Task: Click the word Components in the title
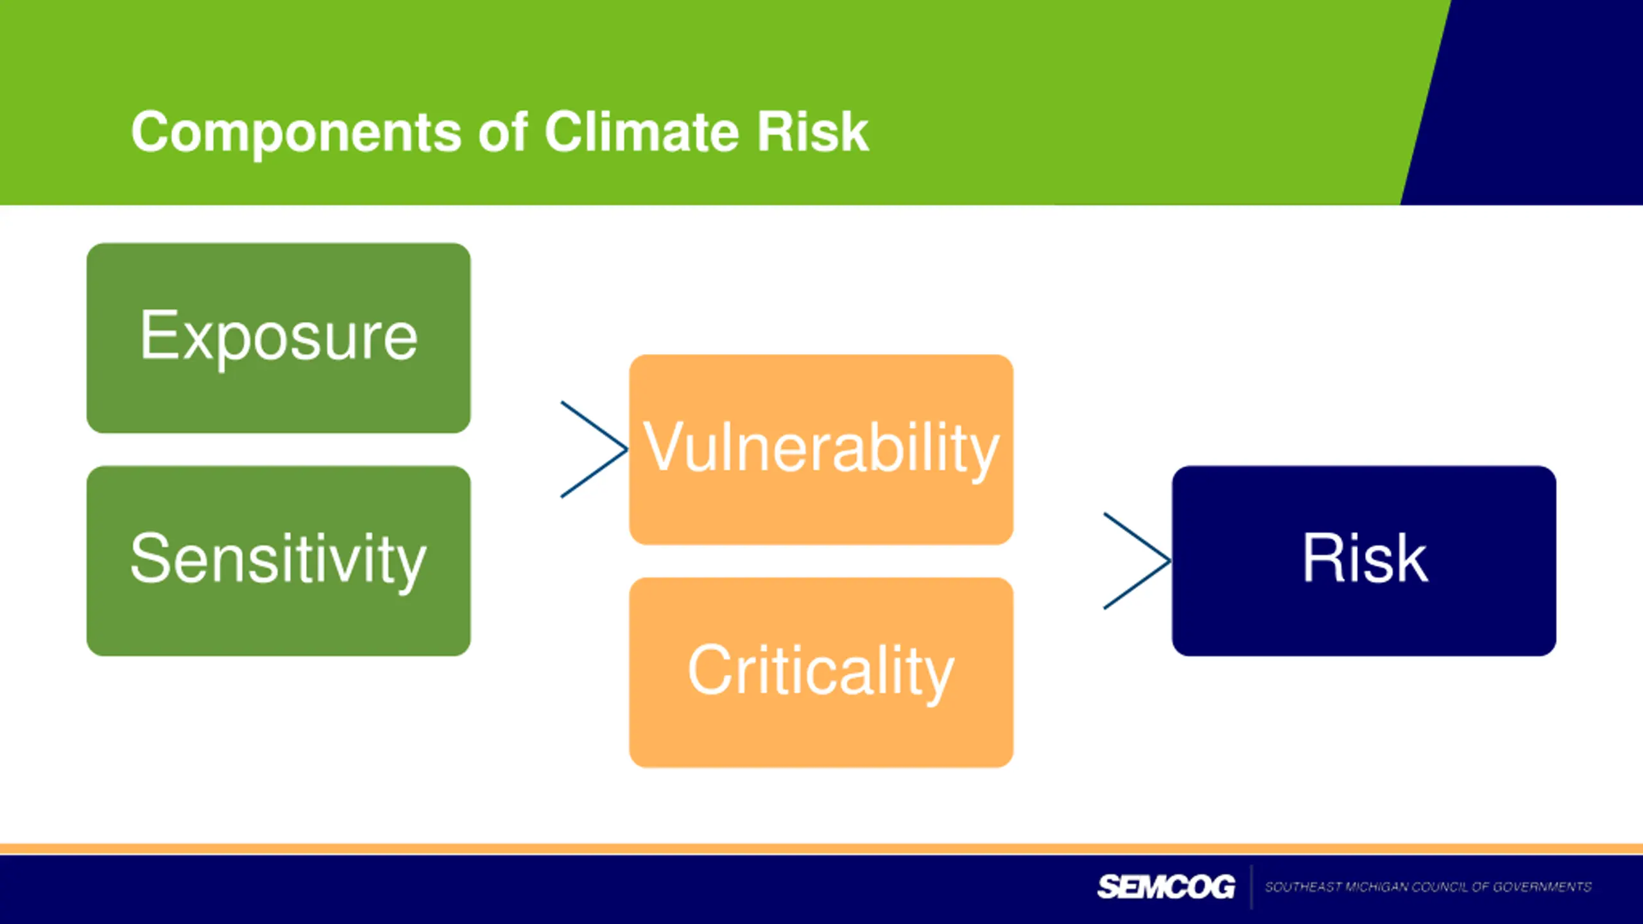click(x=297, y=133)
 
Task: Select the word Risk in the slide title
click(x=813, y=132)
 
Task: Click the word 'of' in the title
click(x=503, y=132)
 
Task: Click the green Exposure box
click(x=279, y=338)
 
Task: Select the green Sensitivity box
click(x=279, y=561)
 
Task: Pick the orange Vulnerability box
click(x=821, y=449)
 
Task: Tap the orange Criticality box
click(x=821, y=672)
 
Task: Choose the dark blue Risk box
click(x=1364, y=561)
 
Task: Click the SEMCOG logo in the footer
click(x=1166, y=887)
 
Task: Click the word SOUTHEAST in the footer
click(x=1303, y=887)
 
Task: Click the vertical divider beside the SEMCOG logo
click(x=1251, y=887)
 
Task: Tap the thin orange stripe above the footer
click(x=821, y=849)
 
